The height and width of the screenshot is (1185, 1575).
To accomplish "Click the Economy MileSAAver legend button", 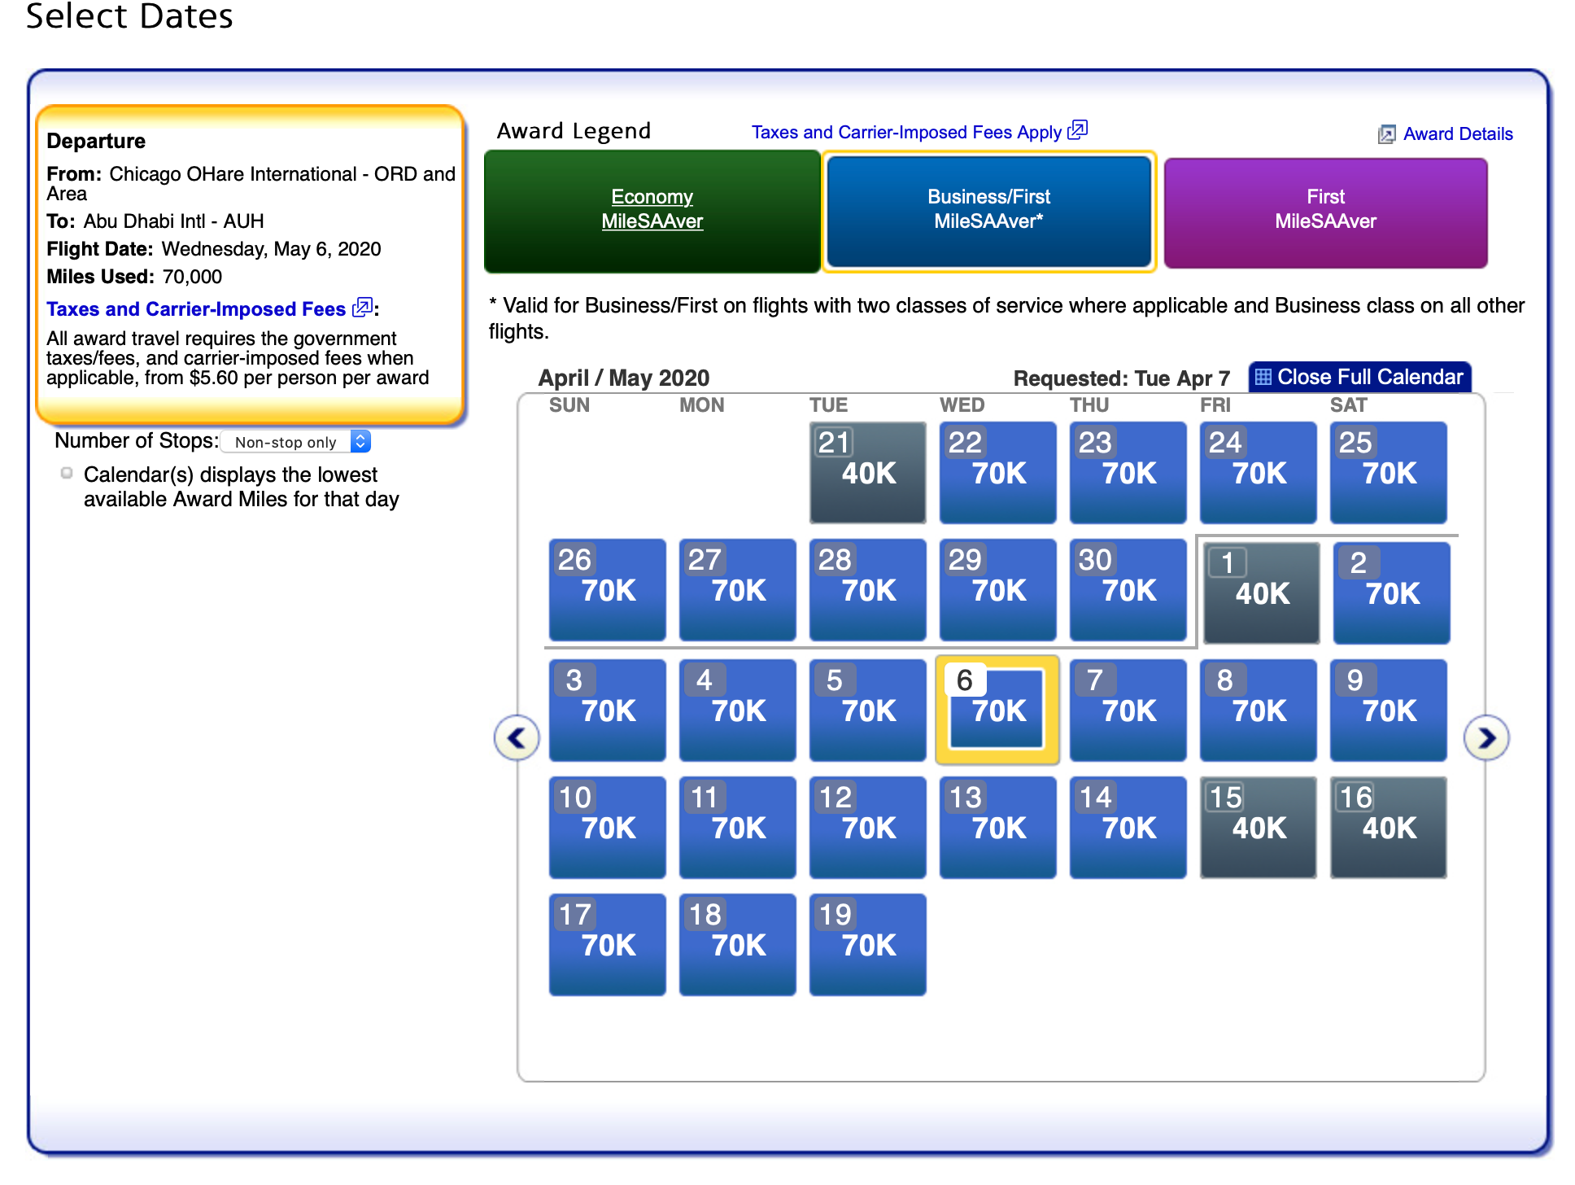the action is point(652,211).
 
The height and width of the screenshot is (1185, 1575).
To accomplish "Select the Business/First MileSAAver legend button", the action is point(989,211).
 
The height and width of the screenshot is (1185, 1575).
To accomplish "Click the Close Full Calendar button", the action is point(1359,377).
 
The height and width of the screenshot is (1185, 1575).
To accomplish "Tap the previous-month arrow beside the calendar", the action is point(517,738).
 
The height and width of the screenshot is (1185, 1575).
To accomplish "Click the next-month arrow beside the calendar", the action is point(1486,738).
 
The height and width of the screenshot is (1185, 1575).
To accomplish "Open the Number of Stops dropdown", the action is point(296,441).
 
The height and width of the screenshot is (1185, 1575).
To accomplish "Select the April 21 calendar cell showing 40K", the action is point(867,472).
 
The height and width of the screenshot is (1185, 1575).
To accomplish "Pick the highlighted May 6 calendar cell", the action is point(997,710).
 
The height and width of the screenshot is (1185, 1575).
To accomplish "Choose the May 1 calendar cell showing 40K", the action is point(1261,592).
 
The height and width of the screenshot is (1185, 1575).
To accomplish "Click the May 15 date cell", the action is point(1258,827).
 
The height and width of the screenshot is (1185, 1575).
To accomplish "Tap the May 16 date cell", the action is point(1388,827).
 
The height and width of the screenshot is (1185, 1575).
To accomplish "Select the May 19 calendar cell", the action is point(867,944).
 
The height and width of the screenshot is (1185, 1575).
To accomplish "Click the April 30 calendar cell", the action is point(1128,589).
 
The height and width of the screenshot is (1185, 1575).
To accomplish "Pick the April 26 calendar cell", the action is point(607,589).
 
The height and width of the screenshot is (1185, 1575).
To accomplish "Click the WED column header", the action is point(962,405).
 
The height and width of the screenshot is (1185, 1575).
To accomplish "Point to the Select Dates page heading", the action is point(129,16).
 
